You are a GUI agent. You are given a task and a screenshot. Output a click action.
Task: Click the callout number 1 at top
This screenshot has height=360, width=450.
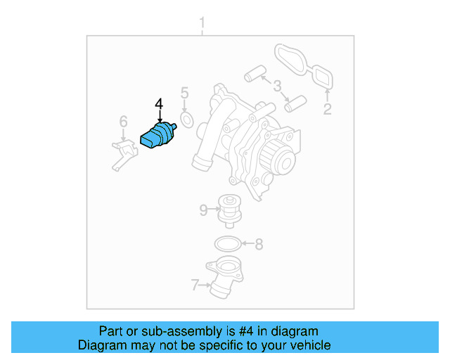202,26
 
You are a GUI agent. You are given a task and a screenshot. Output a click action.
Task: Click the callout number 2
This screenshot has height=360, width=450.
327,108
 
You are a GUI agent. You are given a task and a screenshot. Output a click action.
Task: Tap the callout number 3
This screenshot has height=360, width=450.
277,86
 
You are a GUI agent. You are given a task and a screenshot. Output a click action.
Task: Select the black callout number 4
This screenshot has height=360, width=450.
159,105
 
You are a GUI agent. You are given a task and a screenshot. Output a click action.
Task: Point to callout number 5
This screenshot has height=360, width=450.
184,93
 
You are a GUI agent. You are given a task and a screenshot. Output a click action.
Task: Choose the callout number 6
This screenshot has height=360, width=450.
123,122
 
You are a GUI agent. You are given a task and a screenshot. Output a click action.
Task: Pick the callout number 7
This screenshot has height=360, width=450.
195,285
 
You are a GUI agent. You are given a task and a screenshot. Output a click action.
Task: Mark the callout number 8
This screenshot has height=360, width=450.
259,245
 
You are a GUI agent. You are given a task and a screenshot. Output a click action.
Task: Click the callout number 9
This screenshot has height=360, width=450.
203,209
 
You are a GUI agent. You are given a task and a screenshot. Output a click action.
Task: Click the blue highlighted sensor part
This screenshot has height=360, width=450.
159,135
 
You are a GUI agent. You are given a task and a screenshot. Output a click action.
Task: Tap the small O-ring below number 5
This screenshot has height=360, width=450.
186,121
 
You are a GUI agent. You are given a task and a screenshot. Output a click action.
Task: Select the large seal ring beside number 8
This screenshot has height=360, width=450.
226,245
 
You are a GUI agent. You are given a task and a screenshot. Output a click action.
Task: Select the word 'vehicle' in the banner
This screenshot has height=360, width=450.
309,345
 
